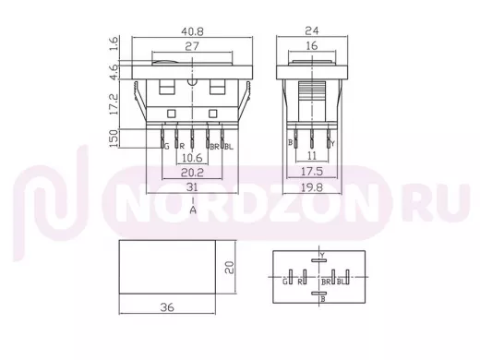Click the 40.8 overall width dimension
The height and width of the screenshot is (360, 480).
pos(192,31)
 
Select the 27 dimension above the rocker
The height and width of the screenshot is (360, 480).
pos(192,46)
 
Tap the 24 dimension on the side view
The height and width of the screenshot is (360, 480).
pos(312,30)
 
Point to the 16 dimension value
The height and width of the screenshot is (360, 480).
pos(312,46)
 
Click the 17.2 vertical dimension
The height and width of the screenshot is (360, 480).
pos(114,104)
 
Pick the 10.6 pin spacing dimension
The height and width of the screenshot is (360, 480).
pos(192,158)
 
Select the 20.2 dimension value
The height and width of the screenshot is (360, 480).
pos(192,173)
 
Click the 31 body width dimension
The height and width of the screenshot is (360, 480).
pos(192,187)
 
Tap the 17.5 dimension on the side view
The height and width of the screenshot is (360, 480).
pos(312,172)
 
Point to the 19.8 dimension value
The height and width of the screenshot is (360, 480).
pos(312,187)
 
